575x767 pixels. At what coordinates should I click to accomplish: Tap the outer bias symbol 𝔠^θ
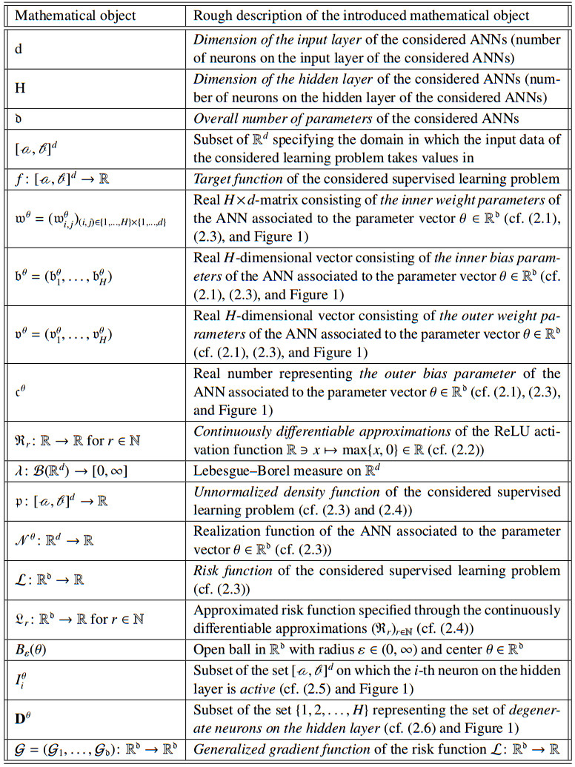(x=21, y=393)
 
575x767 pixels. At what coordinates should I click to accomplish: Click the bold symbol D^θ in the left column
(x=23, y=720)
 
